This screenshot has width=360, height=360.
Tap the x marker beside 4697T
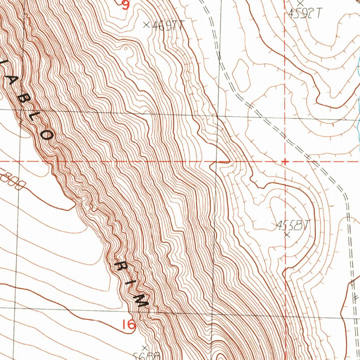pyautogui.click(x=147, y=25)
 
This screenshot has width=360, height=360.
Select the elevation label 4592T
pyautogui.click(x=304, y=13)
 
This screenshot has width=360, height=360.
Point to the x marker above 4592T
pyautogui.click(x=300, y=3)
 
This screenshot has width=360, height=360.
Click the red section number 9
pyautogui.click(x=126, y=5)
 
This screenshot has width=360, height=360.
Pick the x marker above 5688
pyautogui.click(x=144, y=348)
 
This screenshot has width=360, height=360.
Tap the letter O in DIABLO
pyautogui.click(x=48, y=135)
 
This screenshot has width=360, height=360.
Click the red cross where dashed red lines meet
pyautogui.click(x=285, y=161)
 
